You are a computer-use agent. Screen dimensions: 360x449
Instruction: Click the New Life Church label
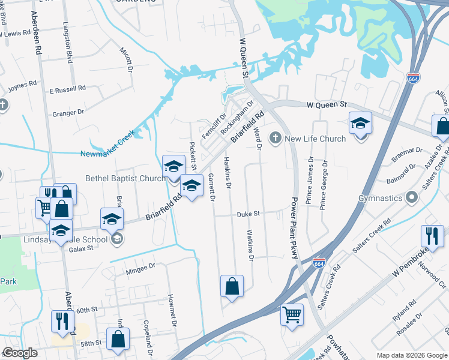pos(315,139)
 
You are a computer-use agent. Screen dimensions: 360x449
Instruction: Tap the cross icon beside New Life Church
pos(276,139)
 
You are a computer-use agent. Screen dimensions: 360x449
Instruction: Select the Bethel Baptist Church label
pos(125,178)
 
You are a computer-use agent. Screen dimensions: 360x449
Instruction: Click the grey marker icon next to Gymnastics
pos(411,197)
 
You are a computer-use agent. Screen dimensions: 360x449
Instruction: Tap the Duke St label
pos(247,213)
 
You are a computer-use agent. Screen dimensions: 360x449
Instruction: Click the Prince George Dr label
pos(324,184)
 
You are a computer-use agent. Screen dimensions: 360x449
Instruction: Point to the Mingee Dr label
pos(140,268)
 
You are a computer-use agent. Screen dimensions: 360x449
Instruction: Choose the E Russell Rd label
pos(67,89)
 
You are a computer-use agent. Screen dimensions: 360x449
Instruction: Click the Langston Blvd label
pos(69,44)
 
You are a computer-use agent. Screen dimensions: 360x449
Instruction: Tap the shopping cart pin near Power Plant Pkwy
pos(292,314)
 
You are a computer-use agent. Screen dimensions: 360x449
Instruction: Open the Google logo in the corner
pos(20,353)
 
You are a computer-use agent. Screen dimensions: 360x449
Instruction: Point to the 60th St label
pos(86,310)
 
